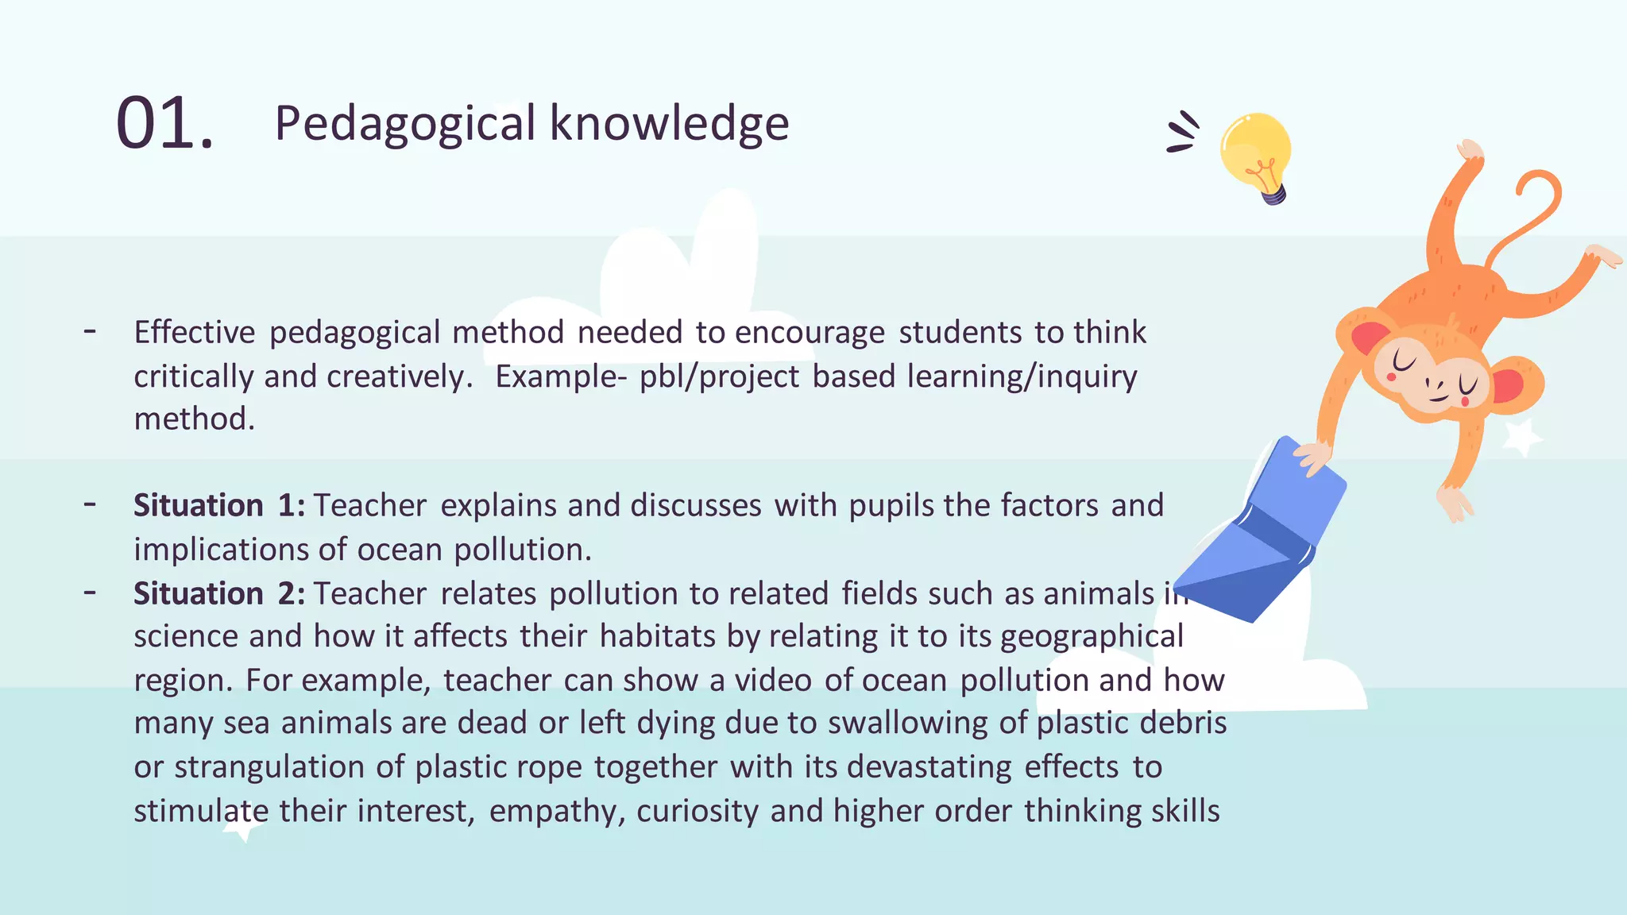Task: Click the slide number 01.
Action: (164, 124)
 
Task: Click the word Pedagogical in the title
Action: (405, 124)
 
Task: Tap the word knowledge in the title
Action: (669, 124)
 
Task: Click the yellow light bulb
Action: (1256, 153)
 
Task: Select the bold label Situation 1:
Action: (219, 506)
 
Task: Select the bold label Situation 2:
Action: (219, 594)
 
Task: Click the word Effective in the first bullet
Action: (195, 333)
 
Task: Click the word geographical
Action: (1092, 637)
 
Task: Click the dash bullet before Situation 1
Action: (91, 504)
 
